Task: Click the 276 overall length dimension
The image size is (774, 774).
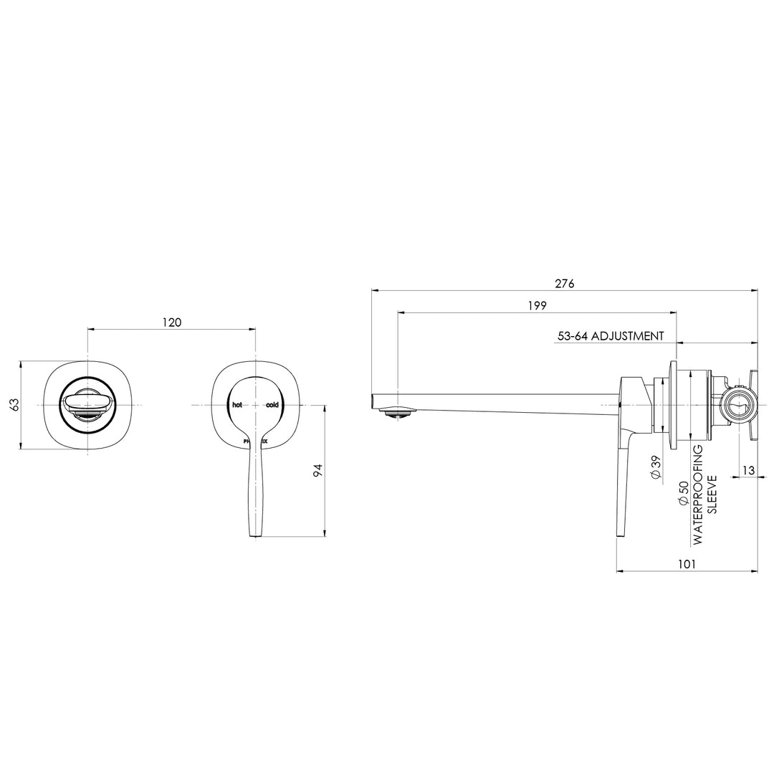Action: click(x=565, y=283)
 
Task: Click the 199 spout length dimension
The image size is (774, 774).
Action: click(x=537, y=305)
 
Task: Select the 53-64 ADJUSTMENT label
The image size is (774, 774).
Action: click(x=611, y=335)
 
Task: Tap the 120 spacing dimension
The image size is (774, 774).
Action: click(x=171, y=322)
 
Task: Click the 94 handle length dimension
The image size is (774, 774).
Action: click(x=317, y=471)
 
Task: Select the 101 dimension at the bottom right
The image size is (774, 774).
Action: click(x=687, y=564)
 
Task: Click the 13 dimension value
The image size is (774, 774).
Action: click(x=748, y=470)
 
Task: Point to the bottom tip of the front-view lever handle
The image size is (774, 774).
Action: click(x=255, y=534)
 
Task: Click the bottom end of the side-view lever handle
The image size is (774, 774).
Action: click(x=619, y=532)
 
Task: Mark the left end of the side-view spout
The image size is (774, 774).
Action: click(x=373, y=400)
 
